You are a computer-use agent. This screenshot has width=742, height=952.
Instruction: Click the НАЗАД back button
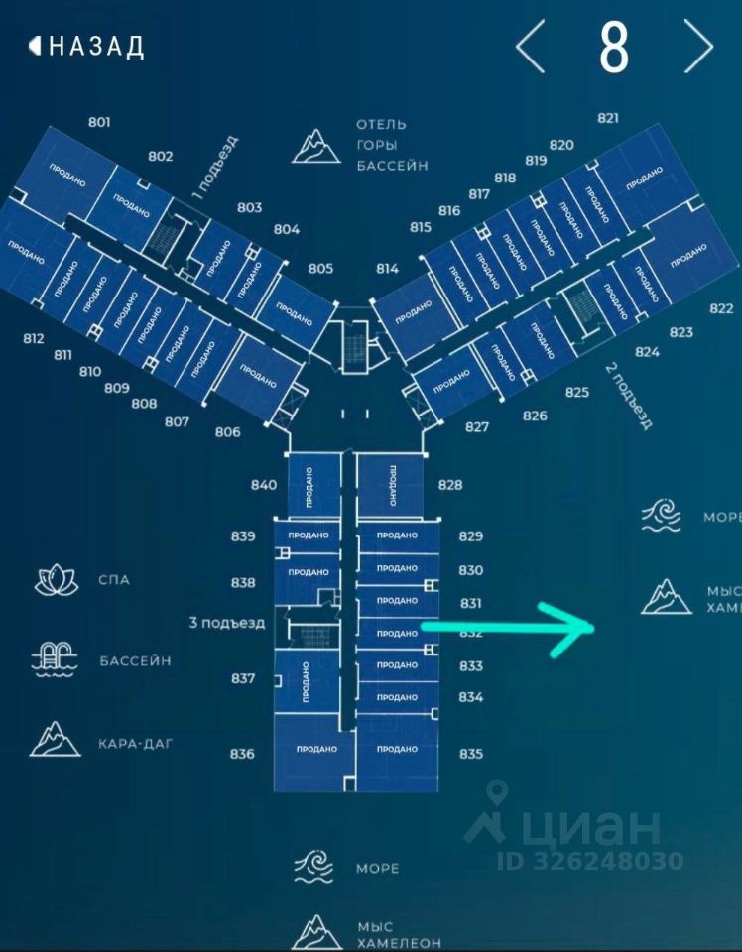coord(87,46)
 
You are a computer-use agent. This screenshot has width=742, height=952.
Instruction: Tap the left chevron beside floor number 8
coord(531,46)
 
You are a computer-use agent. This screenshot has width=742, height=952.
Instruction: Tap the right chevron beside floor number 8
coord(698,46)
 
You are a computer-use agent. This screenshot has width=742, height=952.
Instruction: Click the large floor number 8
coord(614,46)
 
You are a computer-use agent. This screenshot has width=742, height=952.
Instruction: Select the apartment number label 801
coord(99,122)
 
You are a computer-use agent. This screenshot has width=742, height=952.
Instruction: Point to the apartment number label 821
coord(608,118)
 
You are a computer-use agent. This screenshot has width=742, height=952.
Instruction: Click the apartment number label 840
coord(264,485)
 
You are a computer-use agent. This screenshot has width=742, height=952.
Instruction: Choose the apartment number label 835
coord(471,754)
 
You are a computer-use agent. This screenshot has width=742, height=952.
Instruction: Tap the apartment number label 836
coord(242,754)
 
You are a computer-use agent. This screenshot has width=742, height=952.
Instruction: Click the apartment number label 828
coord(450,485)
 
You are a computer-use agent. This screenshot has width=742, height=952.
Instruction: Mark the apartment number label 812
coord(34,338)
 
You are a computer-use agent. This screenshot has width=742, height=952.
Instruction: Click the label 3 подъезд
coord(227,623)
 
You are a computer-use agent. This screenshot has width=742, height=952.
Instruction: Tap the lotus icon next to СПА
coord(57,580)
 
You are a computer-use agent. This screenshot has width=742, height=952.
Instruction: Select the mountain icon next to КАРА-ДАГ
coord(55,740)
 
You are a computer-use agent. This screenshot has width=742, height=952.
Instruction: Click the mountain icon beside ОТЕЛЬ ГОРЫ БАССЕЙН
coord(316,145)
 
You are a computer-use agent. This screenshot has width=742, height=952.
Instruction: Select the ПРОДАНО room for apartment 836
coord(316,749)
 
